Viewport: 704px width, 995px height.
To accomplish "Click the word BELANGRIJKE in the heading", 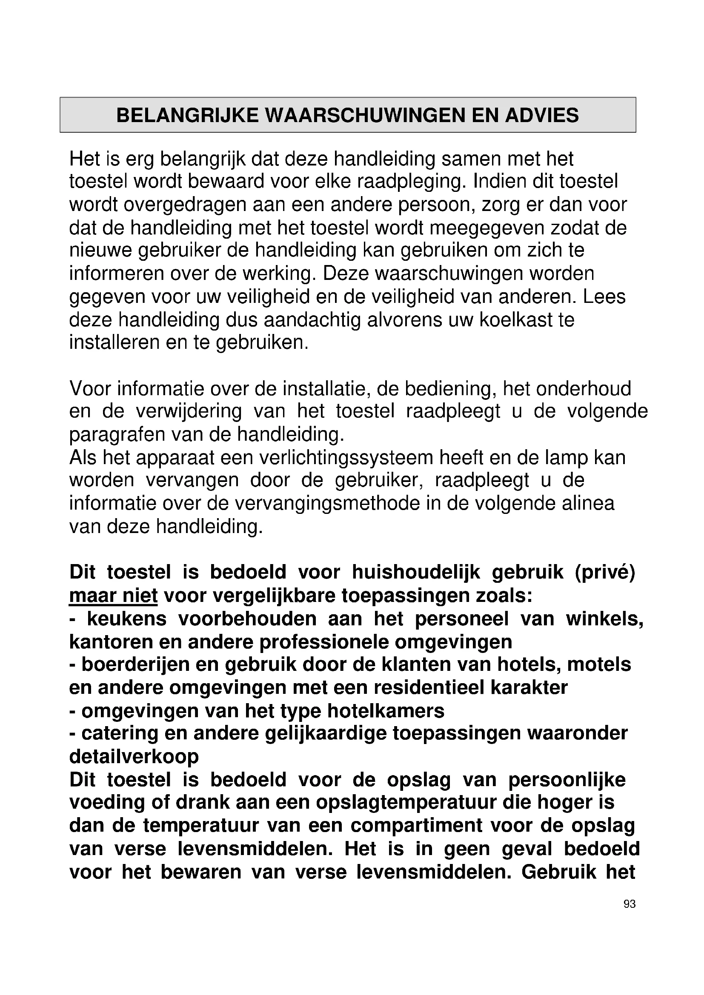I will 188,115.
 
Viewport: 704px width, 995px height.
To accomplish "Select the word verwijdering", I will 189,411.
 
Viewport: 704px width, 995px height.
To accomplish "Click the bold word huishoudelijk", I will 416,573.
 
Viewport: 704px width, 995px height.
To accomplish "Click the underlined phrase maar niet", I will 113,596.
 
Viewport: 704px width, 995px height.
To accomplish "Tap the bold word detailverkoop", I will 134,757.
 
